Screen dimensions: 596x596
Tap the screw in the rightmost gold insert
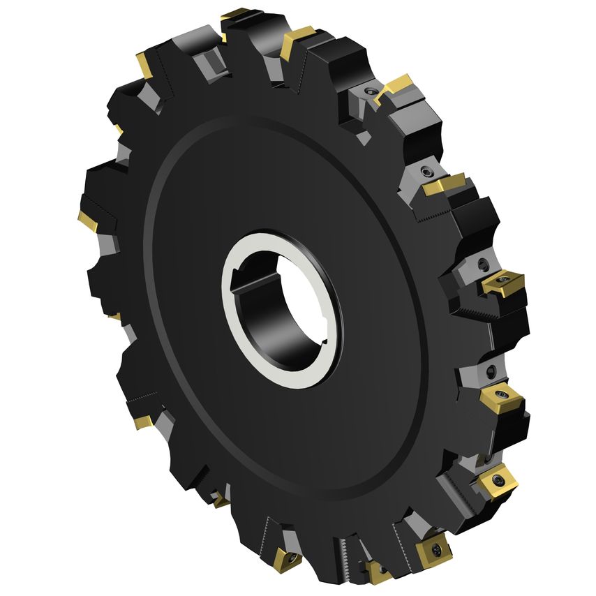(502, 285)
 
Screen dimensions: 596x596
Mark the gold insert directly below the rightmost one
(502, 398)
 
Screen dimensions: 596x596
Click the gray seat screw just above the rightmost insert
(483, 264)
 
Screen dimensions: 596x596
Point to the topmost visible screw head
(370, 91)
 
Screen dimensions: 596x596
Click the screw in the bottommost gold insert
(378, 574)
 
